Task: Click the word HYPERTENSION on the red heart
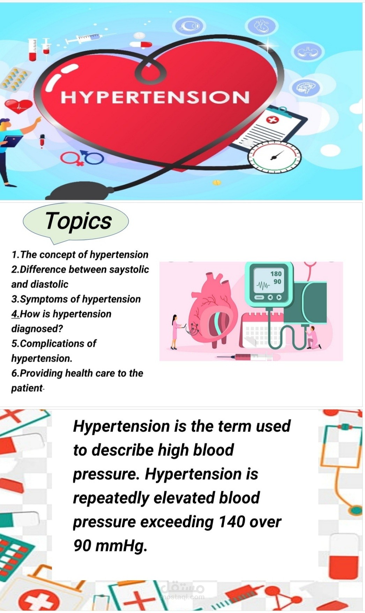pyautogui.click(x=155, y=97)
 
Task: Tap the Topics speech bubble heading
pyautogui.click(x=78, y=221)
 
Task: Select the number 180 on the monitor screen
pyautogui.click(x=276, y=274)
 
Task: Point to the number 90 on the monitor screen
pyautogui.click(x=277, y=281)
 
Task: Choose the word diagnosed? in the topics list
pyautogui.click(x=37, y=329)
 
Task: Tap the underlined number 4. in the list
pyautogui.click(x=15, y=314)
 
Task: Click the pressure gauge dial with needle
pyautogui.click(x=274, y=157)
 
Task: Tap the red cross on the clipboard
pyautogui.click(x=273, y=120)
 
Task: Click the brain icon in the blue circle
pyautogui.click(x=305, y=88)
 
